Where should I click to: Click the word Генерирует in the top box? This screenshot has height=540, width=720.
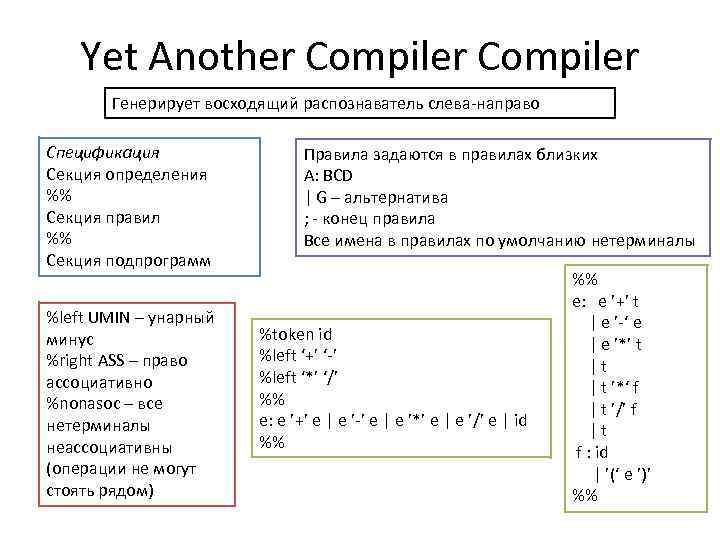pyautogui.click(x=152, y=103)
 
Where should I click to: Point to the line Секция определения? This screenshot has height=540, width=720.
pyautogui.click(x=127, y=175)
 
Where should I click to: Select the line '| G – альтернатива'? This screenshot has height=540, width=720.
pyautogui.click(x=376, y=197)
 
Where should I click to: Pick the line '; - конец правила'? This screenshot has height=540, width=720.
pyautogui.click(x=370, y=218)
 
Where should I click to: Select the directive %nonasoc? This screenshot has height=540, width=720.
pyautogui.click(x=83, y=404)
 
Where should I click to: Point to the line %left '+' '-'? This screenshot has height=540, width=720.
pyautogui.click(x=309, y=356)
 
